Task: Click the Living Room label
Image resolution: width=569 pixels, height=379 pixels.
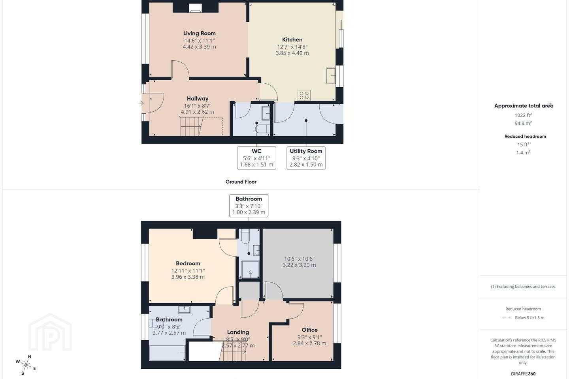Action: tap(200, 33)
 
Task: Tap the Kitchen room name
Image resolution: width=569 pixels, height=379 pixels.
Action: tap(292, 39)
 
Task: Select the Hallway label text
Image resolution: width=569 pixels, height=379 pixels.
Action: tap(198, 98)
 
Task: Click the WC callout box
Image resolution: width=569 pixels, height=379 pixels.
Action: tap(256, 158)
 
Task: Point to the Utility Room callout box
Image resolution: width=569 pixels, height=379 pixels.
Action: tap(306, 158)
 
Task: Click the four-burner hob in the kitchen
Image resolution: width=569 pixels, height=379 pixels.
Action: tap(304, 96)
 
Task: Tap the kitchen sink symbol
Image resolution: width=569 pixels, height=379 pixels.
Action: tap(331, 76)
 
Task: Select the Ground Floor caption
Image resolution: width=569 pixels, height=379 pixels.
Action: tap(241, 182)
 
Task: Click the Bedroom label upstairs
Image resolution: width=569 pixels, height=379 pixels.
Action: tap(188, 263)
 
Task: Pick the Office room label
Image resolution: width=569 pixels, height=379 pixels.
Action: tap(310, 330)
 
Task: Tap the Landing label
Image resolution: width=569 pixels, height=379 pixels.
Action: tap(238, 332)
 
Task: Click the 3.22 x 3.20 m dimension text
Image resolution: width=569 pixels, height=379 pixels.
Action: tap(299, 265)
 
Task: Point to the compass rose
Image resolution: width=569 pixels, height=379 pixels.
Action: tap(26, 365)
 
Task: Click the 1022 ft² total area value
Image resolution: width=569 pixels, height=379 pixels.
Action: tap(523, 115)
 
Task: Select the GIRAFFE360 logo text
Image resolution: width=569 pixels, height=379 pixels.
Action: tap(523, 373)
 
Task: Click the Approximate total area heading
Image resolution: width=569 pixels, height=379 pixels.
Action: tap(524, 105)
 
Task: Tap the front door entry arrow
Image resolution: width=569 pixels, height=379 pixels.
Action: tap(141, 103)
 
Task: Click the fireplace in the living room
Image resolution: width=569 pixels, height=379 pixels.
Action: tap(195, 8)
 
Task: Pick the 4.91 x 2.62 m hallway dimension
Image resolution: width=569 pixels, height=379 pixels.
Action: tap(198, 112)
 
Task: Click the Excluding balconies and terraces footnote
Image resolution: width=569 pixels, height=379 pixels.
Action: tap(523, 287)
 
